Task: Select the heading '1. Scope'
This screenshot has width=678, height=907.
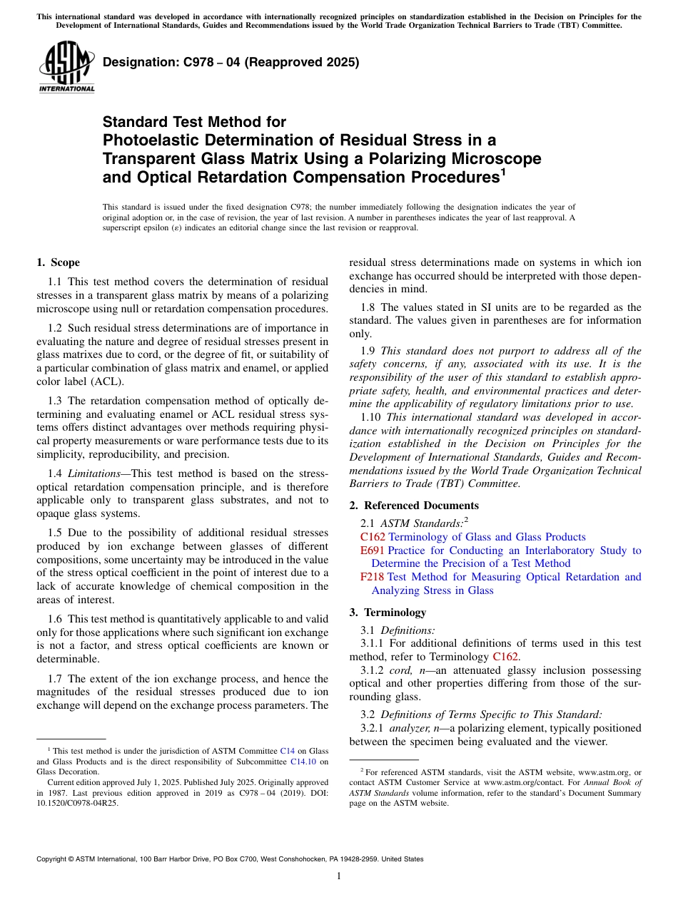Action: [58, 262]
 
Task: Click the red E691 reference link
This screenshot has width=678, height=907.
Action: [373, 550]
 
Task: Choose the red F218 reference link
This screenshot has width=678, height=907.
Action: [372, 577]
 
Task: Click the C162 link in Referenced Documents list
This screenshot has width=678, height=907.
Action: [373, 537]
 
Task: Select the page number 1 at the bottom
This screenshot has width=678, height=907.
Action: [339, 876]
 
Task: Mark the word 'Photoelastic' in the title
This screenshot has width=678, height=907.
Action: [148, 140]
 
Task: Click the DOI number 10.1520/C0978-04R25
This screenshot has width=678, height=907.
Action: [77, 802]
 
